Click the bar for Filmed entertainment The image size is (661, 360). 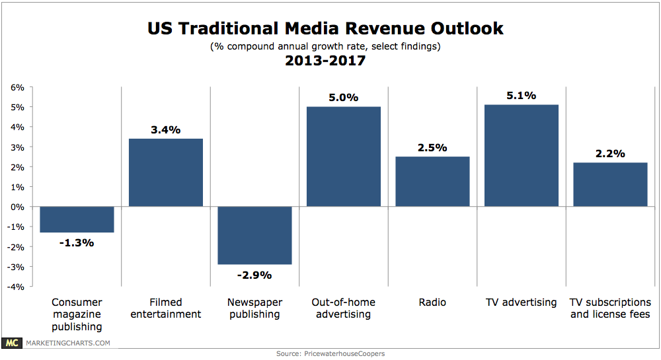(x=166, y=173)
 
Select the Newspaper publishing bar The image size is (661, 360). (x=254, y=235)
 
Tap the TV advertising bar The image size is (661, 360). (x=522, y=156)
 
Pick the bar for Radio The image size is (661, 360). (x=432, y=182)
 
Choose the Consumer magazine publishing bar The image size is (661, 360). (x=77, y=219)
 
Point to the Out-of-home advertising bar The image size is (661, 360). (x=344, y=157)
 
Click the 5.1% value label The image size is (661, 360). (x=522, y=95)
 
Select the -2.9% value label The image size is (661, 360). (x=254, y=275)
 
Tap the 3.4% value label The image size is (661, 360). (x=166, y=129)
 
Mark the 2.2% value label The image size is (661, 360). (x=610, y=153)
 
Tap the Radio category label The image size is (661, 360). (x=432, y=303)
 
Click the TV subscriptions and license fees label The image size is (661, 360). (x=610, y=308)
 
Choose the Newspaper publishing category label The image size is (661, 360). (x=254, y=308)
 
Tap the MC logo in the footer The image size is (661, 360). (x=11, y=343)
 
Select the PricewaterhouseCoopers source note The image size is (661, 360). (x=330, y=354)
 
